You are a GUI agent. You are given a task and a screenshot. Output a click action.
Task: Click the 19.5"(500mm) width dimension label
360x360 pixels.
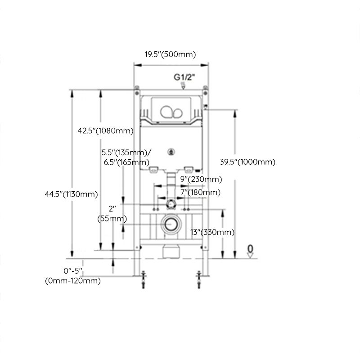pyautogui.click(x=170, y=54)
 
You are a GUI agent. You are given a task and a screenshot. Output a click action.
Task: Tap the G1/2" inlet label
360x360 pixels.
pyautogui.click(x=184, y=77)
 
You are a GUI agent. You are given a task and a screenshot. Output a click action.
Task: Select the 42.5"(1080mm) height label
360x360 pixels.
pyautogui.click(x=105, y=131)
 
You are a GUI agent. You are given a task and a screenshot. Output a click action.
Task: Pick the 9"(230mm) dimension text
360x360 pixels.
pyautogui.click(x=202, y=179)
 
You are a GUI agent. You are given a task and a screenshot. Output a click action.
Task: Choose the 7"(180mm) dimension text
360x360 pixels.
pyautogui.click(x=200, y=192)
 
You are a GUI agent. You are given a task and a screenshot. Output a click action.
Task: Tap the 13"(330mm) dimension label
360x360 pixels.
pyautogui.click(x=212, y=232)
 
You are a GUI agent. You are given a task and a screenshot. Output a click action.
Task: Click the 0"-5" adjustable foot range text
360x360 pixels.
pyautogui.click(x=73, y=271)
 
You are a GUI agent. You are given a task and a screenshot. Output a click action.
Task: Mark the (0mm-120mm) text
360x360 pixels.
pyautogui.click(x=72, y=281)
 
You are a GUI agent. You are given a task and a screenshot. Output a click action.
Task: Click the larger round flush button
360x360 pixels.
pyautogui.click(x=167, y=111)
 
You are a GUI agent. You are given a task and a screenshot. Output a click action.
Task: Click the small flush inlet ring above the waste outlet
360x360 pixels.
pyautogui.click(x=171, y=203)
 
